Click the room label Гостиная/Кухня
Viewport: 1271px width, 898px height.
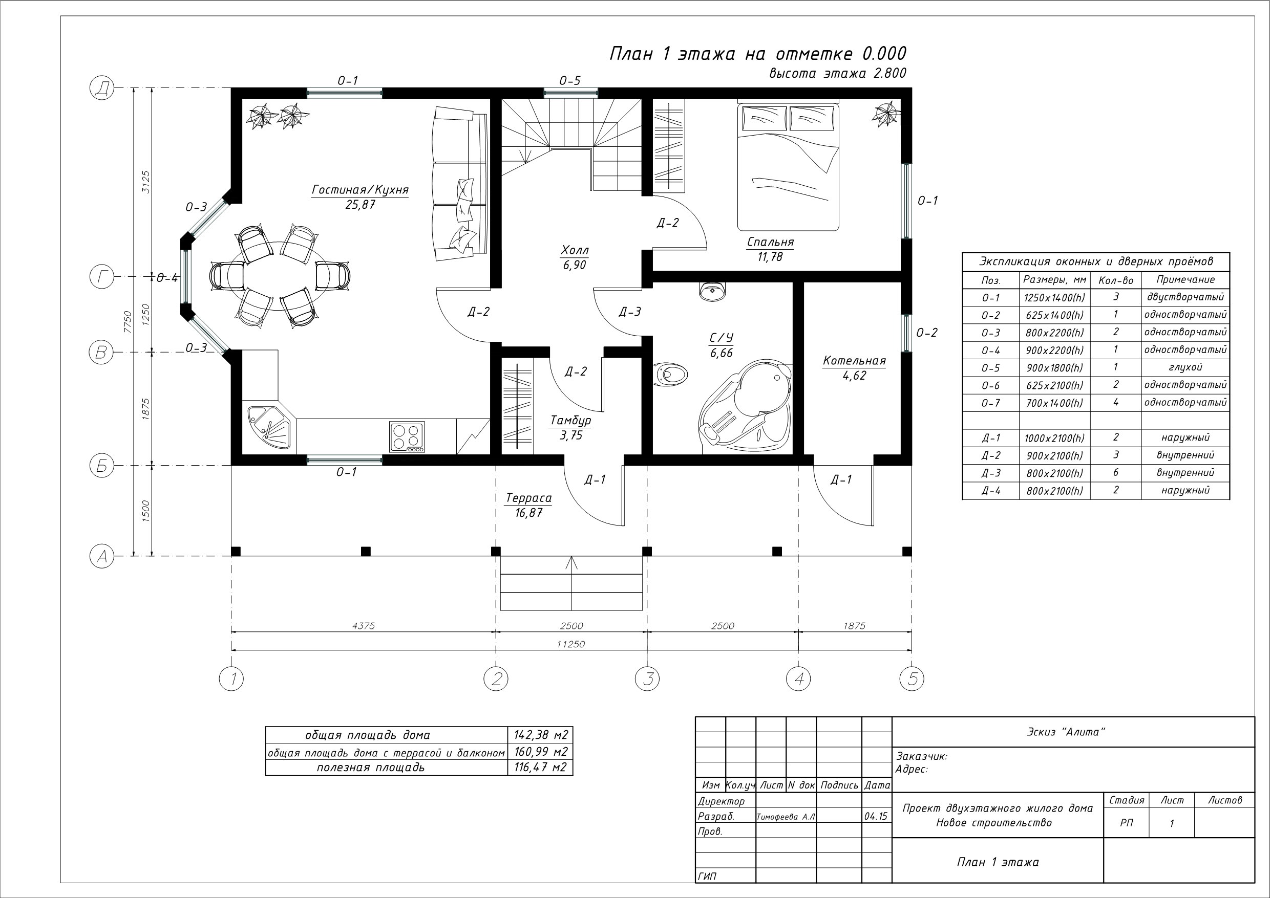361,190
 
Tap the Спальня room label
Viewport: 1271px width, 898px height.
770,242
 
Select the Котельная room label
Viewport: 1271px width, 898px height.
854,361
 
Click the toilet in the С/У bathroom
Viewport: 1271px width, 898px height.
670,374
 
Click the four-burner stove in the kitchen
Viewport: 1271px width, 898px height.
407,437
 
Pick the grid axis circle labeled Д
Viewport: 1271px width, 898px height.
101,88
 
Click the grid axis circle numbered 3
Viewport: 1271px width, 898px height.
647,678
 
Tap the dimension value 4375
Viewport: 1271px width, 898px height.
363,626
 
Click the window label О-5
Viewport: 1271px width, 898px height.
569,81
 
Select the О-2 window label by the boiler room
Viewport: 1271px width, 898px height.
927,333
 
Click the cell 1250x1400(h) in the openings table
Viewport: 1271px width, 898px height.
1054,298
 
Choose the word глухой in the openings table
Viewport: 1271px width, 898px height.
1185,367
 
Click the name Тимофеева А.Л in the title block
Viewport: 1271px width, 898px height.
786,817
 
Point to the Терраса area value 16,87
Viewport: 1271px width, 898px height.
528,513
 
